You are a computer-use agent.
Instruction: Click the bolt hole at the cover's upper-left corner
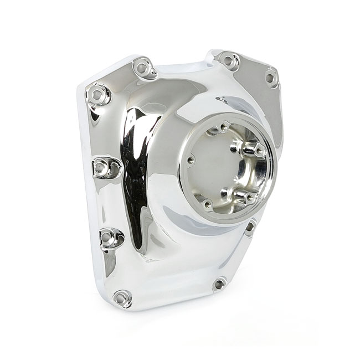tap(98, 95)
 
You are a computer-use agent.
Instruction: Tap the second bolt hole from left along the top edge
tap(143, 68)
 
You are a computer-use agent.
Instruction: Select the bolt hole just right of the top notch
tap(228, 60)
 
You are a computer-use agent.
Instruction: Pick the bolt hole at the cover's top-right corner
tap(270, 78)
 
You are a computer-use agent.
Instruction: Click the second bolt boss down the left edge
tap(102, 167)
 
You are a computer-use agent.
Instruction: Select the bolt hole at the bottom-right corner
tap(219, 284)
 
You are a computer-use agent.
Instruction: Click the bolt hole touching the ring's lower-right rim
tap(250, 226)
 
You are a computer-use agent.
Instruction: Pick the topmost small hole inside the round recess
tap(224, 127)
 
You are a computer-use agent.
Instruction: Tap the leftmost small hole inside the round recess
tap(191, 161)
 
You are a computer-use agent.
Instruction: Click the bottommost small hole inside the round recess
tap(208, 205)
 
